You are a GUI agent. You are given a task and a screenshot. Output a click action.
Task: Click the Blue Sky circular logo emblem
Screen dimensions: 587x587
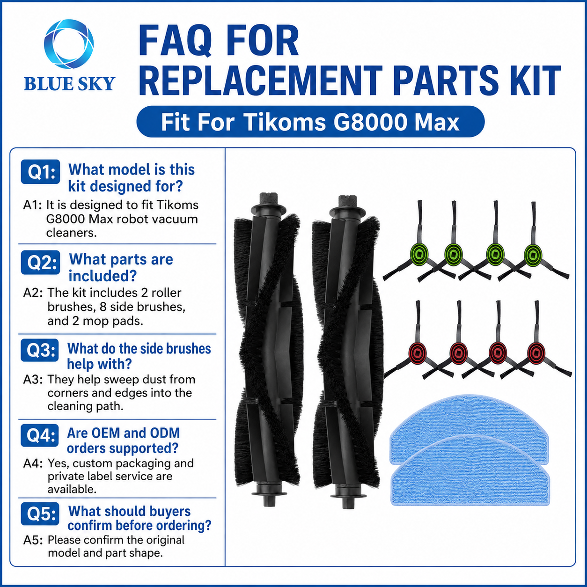(68, 44)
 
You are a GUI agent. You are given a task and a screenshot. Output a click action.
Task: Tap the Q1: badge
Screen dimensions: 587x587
(41, 172)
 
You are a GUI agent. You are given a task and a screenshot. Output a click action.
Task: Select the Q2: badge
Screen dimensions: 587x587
(41, 262)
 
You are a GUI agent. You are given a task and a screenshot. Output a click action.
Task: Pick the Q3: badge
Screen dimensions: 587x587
(40, 350)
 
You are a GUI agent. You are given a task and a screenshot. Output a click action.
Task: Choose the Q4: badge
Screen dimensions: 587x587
(40, 435)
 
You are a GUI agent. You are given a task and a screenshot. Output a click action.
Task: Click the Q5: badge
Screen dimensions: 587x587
(40, 514)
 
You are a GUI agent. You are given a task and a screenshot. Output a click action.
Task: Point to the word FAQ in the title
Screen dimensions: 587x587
(176, 41)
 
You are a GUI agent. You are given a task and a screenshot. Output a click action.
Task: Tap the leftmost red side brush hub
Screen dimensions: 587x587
(418, 353)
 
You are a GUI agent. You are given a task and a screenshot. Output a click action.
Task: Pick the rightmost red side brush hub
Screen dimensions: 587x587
(536, 353)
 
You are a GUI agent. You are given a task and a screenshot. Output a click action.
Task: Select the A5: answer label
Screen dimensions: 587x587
(33, 540)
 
